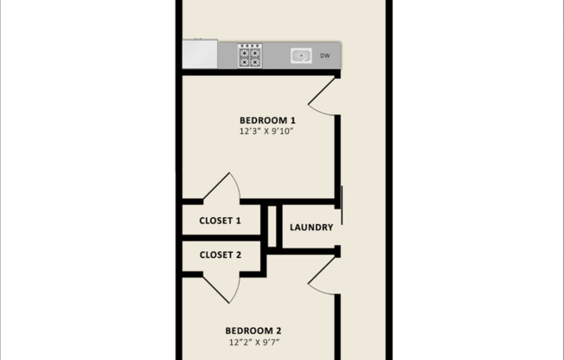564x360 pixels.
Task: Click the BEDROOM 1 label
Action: coord(267,119)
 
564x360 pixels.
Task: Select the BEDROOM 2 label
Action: coord(253,330)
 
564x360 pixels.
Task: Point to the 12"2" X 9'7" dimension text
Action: coord(253,343)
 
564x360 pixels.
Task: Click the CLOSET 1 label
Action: coord(221,221)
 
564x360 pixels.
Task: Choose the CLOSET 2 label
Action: coord(221,255)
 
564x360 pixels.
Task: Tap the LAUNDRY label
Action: coord(311,228)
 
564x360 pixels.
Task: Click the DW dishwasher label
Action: coord(325,56)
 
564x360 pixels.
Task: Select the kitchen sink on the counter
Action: coord(301,56)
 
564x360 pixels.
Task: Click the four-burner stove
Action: coord(250,55)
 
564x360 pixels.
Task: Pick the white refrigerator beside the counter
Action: coord(200,54)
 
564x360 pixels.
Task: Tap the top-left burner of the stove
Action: coord(245,50)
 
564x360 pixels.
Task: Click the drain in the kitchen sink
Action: coord(301,56)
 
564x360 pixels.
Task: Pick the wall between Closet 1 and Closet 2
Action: coord(221,237)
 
